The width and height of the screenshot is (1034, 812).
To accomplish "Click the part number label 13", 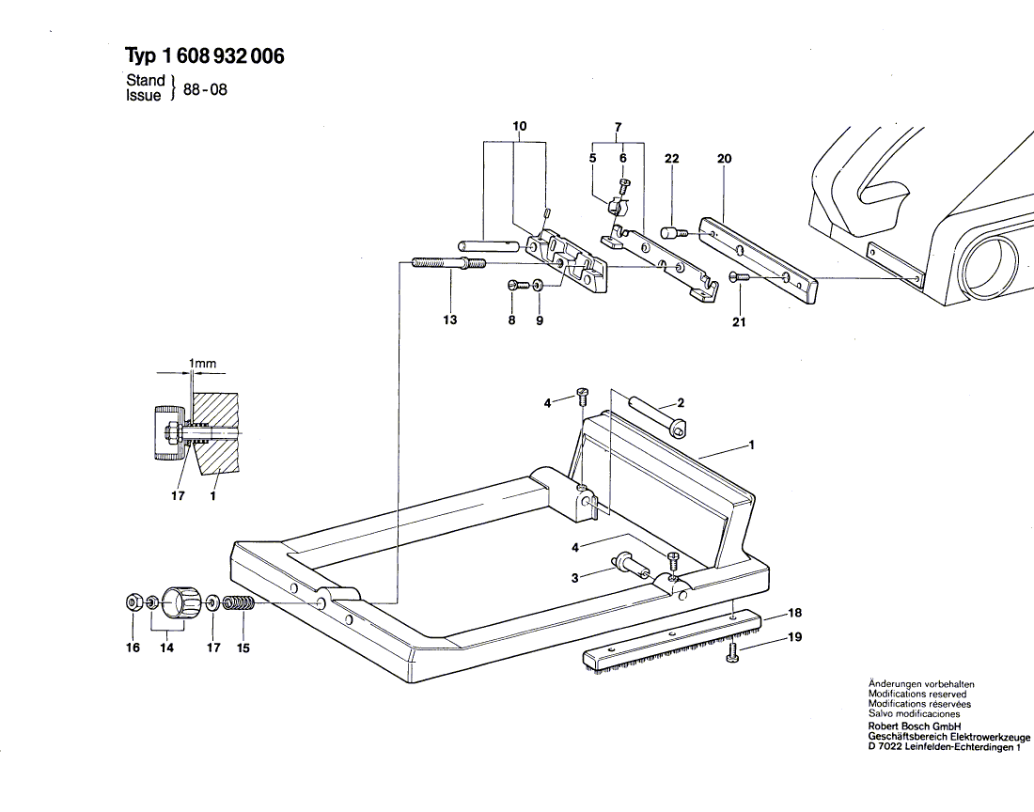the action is (449, 320).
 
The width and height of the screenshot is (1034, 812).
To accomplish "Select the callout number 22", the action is (672, 158).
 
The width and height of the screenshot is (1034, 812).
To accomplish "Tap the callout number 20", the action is (724, 158).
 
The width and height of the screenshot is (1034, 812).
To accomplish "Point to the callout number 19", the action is (795, 636).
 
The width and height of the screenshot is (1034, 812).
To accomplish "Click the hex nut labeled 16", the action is (132, 601).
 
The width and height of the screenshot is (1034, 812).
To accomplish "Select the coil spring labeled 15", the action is (240, 602).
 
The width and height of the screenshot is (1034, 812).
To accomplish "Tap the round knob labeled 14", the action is (180, 601).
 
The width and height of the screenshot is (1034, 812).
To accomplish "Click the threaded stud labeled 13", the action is (449, 264).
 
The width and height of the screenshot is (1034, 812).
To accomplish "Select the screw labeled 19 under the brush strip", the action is (733, 653).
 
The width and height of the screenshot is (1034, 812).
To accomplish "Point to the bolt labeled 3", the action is (631, 565).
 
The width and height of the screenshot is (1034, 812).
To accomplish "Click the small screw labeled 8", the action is (518, 285).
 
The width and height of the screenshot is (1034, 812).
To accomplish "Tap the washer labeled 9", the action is (539, 285).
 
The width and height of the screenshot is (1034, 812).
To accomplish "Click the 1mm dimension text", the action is (202, 363).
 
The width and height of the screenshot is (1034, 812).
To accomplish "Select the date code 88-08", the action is (205, 89).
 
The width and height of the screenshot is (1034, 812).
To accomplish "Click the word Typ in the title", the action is (140, 56).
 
